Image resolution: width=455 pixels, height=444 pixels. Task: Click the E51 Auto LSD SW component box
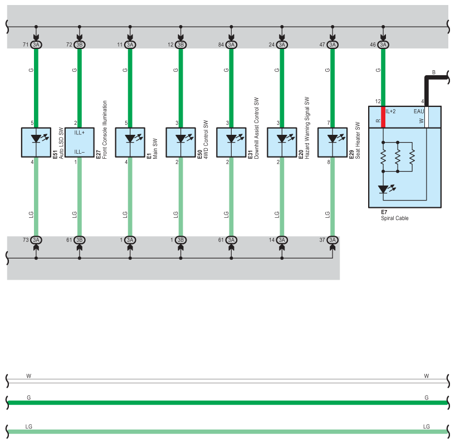tap(36, 143)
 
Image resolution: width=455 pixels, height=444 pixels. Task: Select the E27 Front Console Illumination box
tap(80, 143)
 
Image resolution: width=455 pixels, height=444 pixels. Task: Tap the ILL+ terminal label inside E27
tap(79, 133)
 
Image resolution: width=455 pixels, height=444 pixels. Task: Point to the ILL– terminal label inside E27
tap(79, 152)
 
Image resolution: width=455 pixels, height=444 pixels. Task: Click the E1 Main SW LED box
tap(130, 143)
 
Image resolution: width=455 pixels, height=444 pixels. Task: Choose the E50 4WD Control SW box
tap(180, 143)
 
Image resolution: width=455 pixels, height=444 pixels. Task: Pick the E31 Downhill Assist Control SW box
tap(231, 143)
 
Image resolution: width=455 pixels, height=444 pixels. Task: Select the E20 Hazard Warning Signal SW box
tap(282, 143)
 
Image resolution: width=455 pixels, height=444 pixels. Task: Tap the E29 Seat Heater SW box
tap(332, 143)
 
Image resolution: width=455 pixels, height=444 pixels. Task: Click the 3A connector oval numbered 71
tap(36, 45)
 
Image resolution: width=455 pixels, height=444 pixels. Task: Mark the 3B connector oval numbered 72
tap(80, 45)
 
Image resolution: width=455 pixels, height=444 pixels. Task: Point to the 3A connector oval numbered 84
tap(231, 45)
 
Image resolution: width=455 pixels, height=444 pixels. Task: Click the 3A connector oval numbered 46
tap(383, 45)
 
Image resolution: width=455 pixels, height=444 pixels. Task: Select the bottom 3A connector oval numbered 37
tap(332, 240)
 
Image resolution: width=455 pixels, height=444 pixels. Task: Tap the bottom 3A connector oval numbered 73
tap(36, 240)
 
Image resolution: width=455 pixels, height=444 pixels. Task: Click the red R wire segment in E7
tap(383, 117)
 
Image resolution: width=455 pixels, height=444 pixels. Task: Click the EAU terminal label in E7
tap(419, 111)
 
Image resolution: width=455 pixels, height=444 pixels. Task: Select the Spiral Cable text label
tap(395, 218)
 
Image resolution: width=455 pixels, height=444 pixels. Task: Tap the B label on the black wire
tap(433, 72)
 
